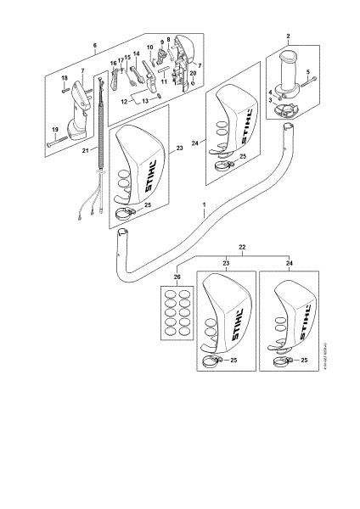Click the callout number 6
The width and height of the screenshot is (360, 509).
(94, 44)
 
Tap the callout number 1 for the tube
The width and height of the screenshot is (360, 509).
(204, 205)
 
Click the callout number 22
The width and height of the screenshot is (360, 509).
(244, 246)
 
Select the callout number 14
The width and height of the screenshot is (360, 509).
(136, 53)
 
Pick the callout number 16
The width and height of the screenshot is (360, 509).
(112, 63)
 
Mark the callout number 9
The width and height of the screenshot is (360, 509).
(160, 42)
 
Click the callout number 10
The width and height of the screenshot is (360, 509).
(149, 48)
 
